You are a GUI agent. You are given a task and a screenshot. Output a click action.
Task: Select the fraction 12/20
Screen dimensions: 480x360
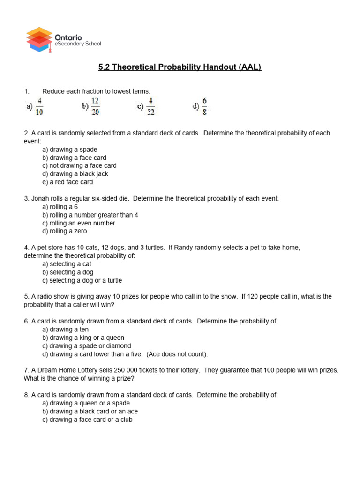(95, 106)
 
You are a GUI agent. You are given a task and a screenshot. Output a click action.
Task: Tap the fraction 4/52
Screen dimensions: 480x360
(150, 106)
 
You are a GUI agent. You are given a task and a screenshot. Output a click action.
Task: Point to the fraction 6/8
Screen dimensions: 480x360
(204, 105)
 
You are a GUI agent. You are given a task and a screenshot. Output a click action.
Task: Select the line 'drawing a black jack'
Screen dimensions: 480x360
(75, 174)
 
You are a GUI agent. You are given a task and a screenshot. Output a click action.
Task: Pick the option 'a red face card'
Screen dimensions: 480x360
(67, 182)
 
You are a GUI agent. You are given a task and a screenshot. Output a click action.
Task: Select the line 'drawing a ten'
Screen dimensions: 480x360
(65, 330)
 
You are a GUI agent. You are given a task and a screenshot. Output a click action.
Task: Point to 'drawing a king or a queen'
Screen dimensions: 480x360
(83, 337)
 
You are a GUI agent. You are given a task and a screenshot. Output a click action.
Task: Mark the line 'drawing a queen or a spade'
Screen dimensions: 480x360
(86, 403)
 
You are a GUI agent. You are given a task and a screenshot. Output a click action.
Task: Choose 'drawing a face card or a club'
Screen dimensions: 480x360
(87, 420)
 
